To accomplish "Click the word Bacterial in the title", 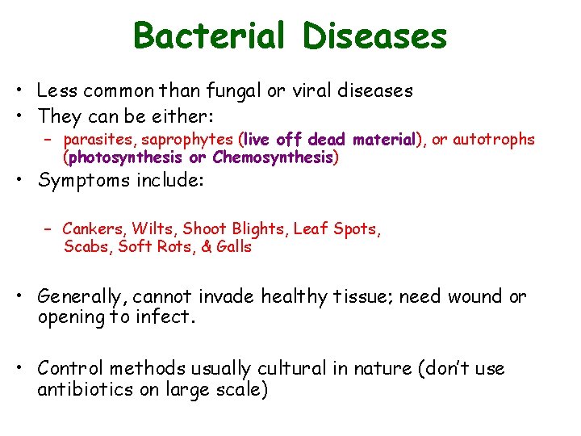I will click(x=209, y=36).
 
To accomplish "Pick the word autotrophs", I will click(x=494, y=140).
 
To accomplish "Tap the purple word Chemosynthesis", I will click(x=272, y=157).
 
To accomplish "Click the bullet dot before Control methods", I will click(x=25, y=369).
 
